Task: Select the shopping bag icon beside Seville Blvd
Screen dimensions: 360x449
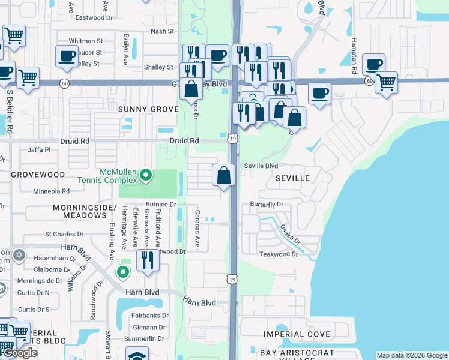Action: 223,175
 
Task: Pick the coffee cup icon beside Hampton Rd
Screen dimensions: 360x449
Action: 373,64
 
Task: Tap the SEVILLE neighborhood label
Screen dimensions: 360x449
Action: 292,178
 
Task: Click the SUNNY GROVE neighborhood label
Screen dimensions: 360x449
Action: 148,109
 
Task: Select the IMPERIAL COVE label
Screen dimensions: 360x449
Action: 297,334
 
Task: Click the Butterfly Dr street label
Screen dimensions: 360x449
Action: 267,205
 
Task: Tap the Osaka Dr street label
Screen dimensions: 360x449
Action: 290,233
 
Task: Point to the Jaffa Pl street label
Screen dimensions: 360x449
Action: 39,149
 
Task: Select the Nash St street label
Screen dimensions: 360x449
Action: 162,31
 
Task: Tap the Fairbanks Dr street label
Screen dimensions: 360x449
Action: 149,315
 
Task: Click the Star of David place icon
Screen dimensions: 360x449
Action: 19,256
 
